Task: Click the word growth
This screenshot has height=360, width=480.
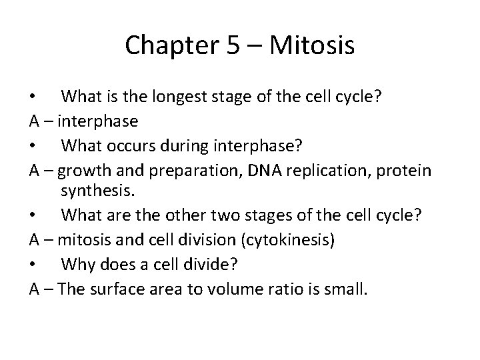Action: (83, 169)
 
